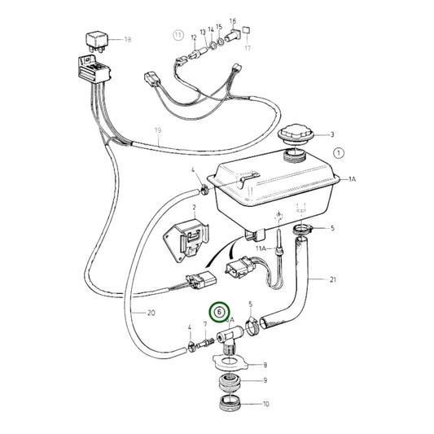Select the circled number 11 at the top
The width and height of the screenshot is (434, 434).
(178, 36)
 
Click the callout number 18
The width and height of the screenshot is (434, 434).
(126, 39)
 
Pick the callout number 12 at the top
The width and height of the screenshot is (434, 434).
(194, 37)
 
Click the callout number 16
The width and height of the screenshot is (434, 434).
(232, 22)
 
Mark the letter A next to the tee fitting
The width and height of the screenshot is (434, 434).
(232, 320)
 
